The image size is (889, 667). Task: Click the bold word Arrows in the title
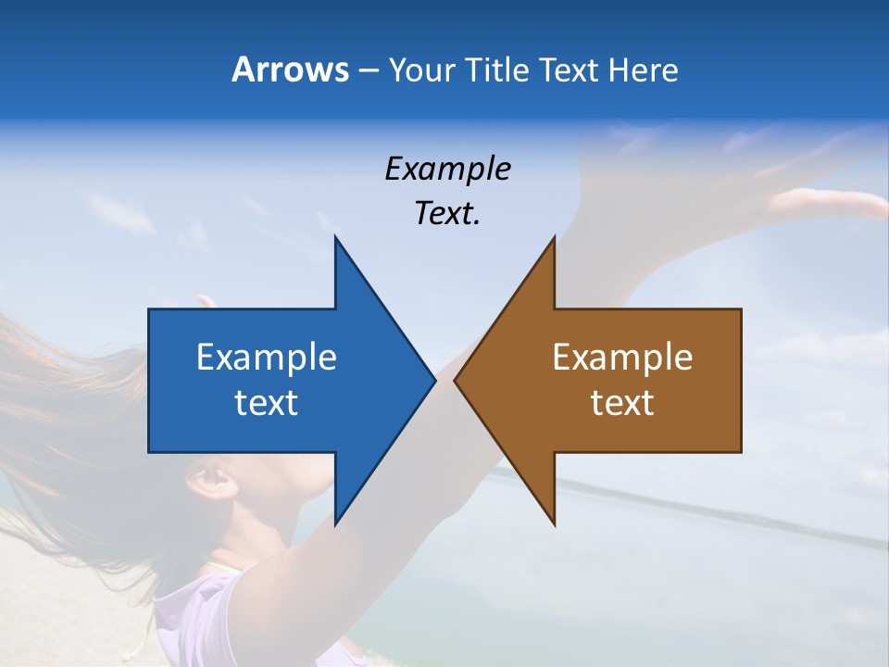click(x=290, y=69)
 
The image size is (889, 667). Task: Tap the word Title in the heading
click(x=497, y=69)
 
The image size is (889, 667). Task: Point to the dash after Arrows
click(x=368, y=70)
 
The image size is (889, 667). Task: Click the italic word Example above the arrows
click(x=447, y=169)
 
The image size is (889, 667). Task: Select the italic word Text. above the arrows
click(x=447, y=213)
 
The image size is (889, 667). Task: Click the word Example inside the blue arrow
click(x=267, y=357)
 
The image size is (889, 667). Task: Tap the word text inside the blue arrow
click(x=267, y=402)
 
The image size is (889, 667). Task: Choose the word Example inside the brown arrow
click(x=622, y=357)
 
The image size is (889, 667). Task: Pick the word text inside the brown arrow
click(x=622, y=402)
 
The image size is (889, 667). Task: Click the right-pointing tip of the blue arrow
click(x=434, y=380)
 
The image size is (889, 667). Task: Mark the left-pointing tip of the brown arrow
click(x=455, y=380)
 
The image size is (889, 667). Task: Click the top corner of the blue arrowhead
click(x=335, y=238)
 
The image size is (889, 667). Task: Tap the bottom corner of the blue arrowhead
click(x=335, y=524)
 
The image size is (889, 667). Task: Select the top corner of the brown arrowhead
click(x=554, y=238)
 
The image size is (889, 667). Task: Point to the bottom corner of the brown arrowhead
click(x=554, y=524)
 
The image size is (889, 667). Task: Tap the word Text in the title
click(x=568, y=69)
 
